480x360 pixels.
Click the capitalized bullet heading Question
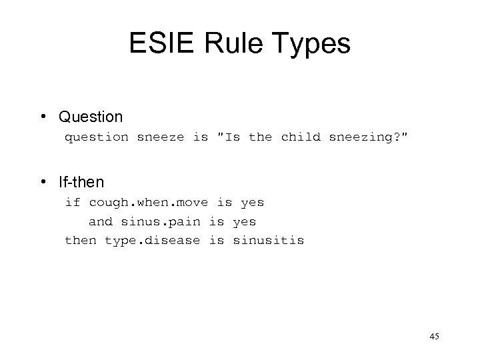[x=91, y=117]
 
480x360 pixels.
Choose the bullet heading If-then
[x=81, y=181]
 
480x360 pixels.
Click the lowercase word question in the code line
[x=96, y=138]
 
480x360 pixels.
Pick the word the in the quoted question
[x=260, y=138]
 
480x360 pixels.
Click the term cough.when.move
[x=149, y=202]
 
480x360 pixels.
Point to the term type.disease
[x=152, y=239]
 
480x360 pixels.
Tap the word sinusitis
[x=268, y=239]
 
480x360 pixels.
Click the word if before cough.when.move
[x=72, y=202]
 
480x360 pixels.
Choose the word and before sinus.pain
[x=101, y=221]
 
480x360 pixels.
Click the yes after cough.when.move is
[x=252, y=202]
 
